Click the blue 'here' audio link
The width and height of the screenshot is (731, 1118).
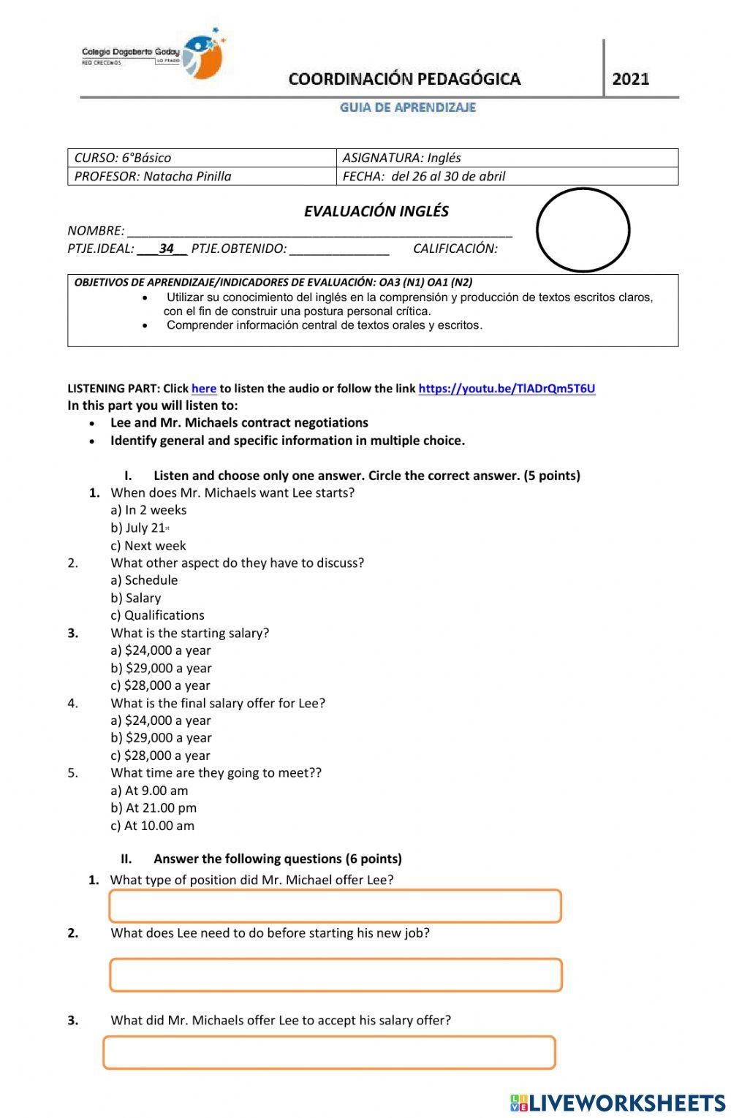tap(203, 389)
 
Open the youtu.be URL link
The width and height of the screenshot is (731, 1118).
tap(507, 389)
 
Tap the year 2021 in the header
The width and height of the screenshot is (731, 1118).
tap(630, 79)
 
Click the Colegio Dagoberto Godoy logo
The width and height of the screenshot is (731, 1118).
tap(154, 55)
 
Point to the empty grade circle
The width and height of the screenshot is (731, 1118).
tap(583, 229)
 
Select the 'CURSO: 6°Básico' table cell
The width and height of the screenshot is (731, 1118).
tap(201, 158)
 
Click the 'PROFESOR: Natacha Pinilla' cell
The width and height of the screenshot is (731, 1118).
tap(201, 176)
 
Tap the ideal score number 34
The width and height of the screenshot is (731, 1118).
tap(167, 248)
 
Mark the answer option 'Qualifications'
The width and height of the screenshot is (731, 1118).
tap(157, 615)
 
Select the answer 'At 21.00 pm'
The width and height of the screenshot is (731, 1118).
tap(154, 808)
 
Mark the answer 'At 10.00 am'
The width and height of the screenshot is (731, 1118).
tap(152, 826)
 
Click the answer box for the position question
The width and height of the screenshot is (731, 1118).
tap(335, 906)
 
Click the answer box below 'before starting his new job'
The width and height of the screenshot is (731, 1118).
tap(336, 975)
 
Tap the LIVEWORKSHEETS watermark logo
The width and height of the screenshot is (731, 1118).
tap(618, 1103)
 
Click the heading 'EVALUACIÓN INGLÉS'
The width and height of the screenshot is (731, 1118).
tap(376, 212)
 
